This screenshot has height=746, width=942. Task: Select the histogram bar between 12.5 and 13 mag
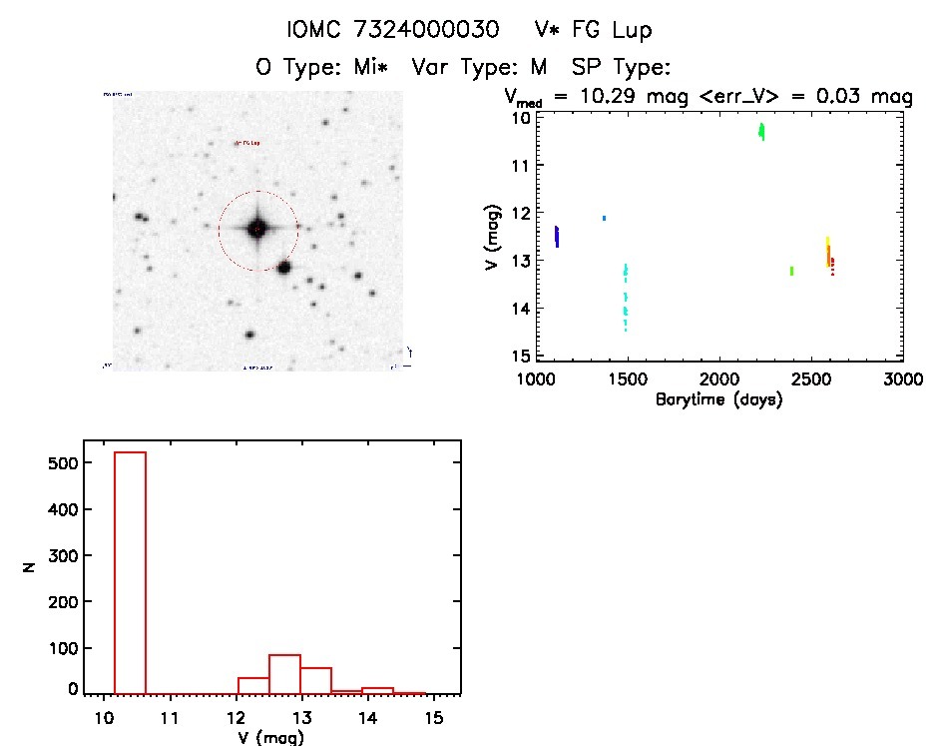[284, 674]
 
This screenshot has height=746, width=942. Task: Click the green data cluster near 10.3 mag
[761, 131]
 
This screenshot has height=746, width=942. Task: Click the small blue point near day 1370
[604, 218]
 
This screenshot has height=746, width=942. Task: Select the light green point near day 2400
[791, 271]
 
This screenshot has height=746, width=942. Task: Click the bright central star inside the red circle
[257, 230]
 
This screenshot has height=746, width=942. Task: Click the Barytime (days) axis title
[718, 399]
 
